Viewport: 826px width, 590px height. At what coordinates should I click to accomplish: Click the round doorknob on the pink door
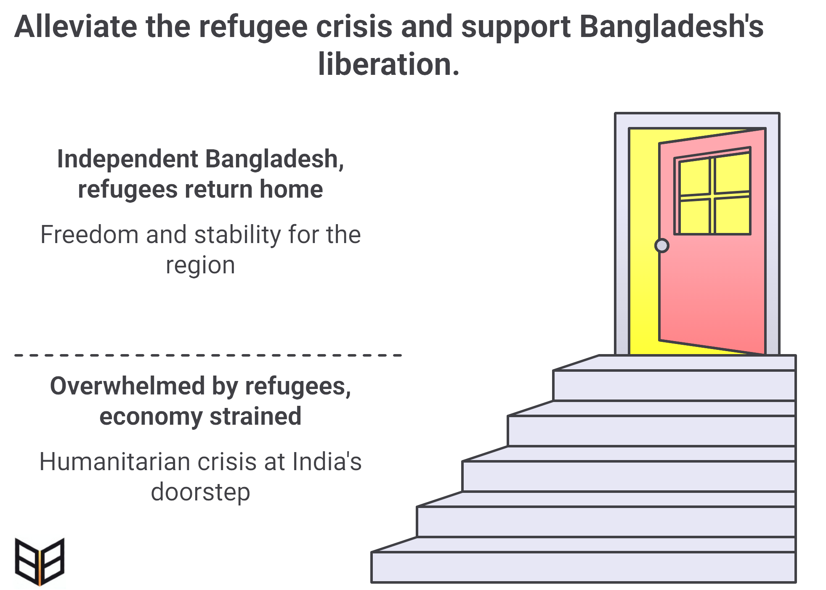(662, 246)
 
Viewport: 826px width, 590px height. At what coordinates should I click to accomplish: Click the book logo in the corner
(39, 562)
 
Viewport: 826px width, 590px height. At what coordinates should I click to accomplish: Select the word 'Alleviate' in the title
(76, 27)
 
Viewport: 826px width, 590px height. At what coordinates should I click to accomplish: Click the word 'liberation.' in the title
(388, 64)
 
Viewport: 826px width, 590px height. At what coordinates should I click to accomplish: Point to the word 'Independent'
(127, 159)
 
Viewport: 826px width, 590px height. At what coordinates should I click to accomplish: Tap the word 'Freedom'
(89, 235)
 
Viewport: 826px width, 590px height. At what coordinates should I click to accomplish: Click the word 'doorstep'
(200, 492)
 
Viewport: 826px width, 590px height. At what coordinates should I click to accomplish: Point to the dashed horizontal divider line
(208, 355)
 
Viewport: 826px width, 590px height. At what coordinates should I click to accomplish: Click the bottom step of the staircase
(583, 567)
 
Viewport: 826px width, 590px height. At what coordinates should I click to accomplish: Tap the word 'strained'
(255, 416)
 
